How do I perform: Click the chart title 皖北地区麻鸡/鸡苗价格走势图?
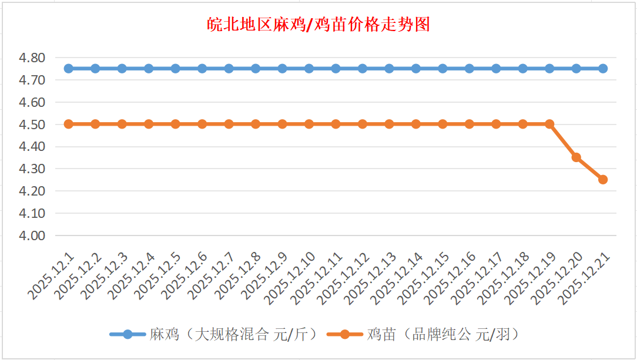(x=318, y=25)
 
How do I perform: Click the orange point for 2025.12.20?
(x=576, y=157)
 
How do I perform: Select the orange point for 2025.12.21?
(x=603, y=180)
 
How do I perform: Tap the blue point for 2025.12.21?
(x=603, y=69)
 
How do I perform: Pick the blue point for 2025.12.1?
(x=69, y=69)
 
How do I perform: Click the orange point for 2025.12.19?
(x=549, y=124)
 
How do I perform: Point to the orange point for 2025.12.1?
(x=69, y=124)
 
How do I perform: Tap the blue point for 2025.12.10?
(x=309, y=69)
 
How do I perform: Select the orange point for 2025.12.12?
(x=363, y=124)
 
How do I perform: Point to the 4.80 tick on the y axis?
(x=32, y=58)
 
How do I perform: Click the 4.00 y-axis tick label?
(x=32, y=235)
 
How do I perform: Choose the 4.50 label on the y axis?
(x=32, y=125)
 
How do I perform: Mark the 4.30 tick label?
(x=32, y=169)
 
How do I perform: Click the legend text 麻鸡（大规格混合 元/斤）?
(x=233, y=335)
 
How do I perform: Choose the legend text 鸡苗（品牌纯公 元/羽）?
(x=443, y=335)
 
